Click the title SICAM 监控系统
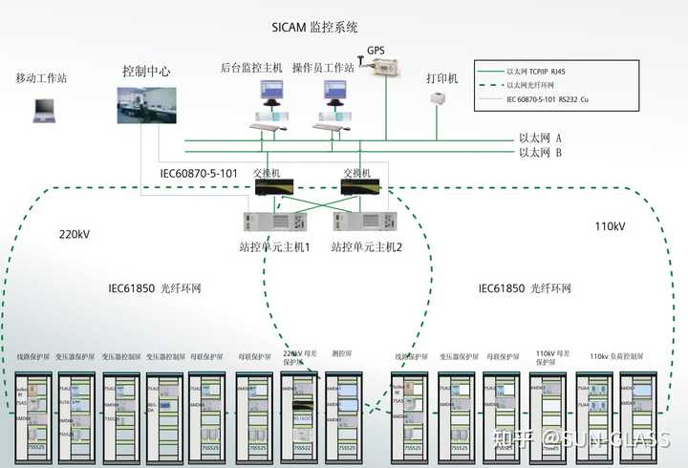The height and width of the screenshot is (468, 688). tap(322, 29)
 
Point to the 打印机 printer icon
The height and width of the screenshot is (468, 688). tap(439, 100)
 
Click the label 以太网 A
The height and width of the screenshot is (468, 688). tap(540, 138)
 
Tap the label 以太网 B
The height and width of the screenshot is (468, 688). tap(540, 152)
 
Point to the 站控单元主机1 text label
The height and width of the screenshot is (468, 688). tap(275, 246)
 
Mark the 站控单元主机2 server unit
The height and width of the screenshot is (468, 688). tap(361, 223)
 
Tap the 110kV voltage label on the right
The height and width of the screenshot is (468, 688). tap(609, 227)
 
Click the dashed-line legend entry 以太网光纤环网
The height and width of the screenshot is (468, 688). tap(540, 85)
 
